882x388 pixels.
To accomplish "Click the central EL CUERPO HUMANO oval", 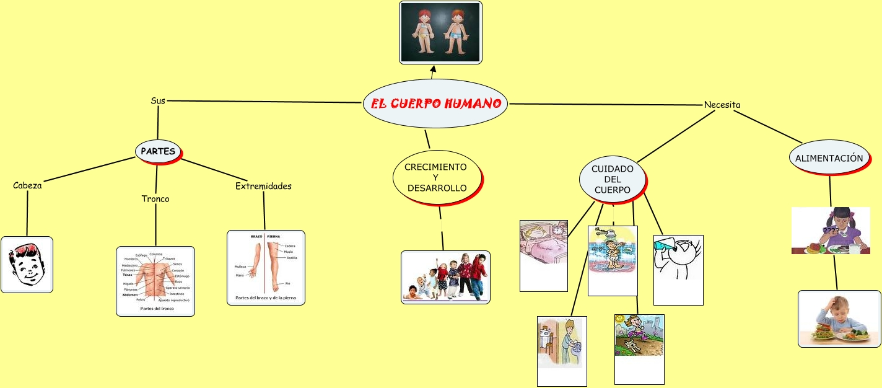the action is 435,104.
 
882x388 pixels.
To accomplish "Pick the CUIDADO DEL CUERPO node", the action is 612,179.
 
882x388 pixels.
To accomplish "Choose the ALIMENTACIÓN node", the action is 829,158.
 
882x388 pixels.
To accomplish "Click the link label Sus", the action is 158,100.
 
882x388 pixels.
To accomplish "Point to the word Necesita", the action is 722,105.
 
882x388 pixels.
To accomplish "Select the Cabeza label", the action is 27,185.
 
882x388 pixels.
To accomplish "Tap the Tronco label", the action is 155,199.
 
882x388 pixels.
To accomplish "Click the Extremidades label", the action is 263,186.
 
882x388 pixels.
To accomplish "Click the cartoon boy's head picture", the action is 27,265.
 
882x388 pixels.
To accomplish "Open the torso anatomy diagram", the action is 155,281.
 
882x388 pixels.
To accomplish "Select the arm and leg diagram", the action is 266,268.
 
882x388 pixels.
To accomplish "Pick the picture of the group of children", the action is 445,277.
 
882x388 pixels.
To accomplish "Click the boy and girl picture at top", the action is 440,32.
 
